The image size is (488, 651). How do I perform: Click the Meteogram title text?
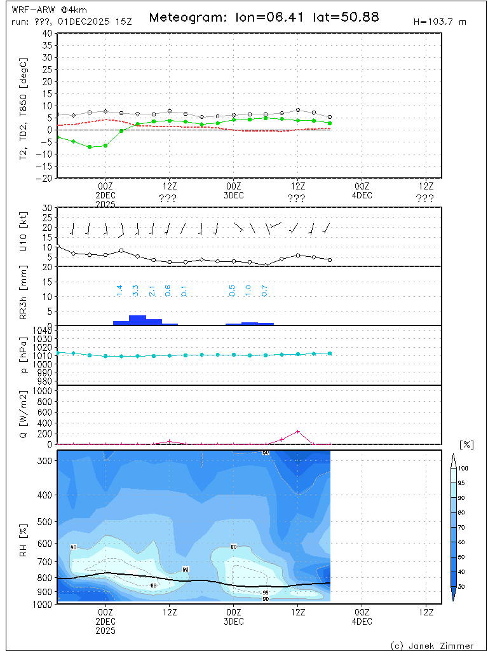click(x=264, y=17)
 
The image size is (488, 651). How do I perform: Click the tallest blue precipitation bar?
click(x=137, y=320)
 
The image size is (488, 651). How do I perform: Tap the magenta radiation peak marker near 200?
click(x=297, y=432)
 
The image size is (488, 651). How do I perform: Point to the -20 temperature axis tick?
click(x=45, y=178)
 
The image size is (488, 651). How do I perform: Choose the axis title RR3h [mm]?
click(x=24, y=295)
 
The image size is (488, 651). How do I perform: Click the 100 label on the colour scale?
click(x=463, y=468)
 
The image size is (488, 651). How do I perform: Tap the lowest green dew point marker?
click(x=90, y=147)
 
